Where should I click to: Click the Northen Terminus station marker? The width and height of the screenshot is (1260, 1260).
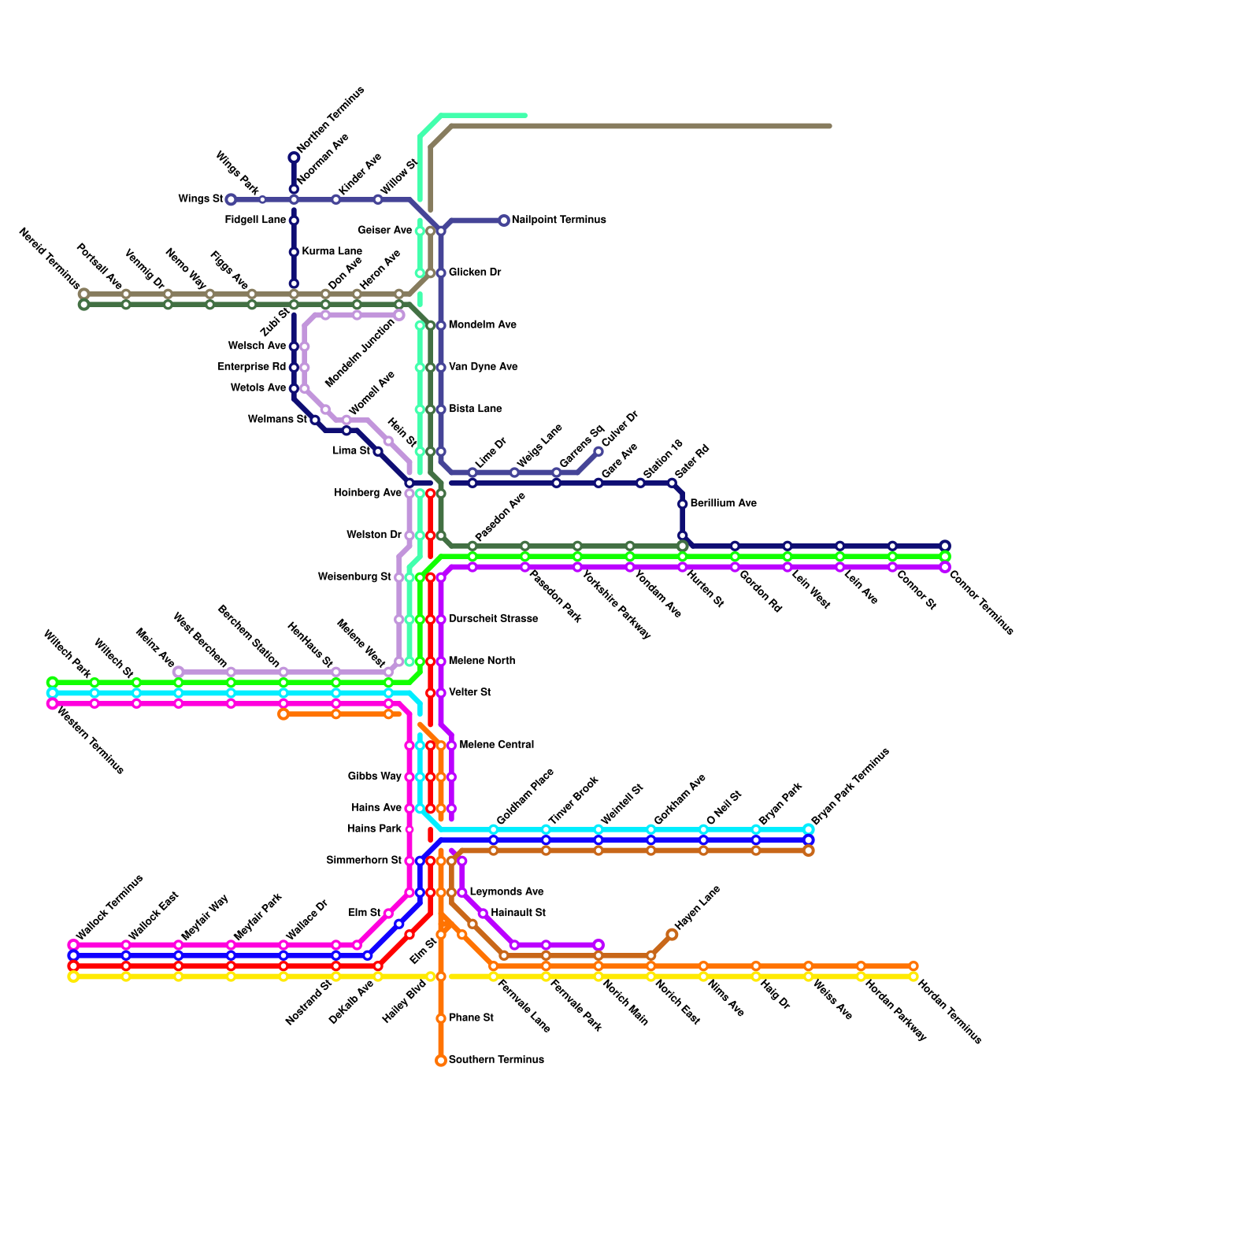[x=294, y=157]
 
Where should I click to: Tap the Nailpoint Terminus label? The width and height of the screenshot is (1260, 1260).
[x=558, y=220]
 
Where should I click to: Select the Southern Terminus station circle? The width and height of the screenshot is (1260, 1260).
[x=441, y=1061]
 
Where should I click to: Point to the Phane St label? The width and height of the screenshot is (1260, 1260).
[x=471, y=1018]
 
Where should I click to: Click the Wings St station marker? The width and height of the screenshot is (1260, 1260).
[x=231, y=199]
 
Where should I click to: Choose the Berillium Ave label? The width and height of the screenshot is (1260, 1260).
[x=723, y=503]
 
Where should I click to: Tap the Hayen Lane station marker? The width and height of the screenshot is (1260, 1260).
[x=672, y=935]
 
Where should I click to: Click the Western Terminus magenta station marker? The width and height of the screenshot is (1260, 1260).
[x=52, y=704]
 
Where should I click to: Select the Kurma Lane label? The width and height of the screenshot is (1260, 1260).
[x=332, y=251]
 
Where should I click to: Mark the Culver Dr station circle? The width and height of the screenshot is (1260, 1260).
[x=598, y=451]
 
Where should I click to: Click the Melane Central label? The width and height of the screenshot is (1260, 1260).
[x=496, y=744]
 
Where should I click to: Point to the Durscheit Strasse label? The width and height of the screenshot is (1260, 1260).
[x=493, y=619]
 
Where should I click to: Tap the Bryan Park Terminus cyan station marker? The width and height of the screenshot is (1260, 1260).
[x=809, y=829]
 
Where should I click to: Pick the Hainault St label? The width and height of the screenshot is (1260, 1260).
[x=517, y=913]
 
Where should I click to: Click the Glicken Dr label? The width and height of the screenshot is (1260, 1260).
[x=474, y=272]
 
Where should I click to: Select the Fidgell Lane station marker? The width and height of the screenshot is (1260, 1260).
[x=294, y=220]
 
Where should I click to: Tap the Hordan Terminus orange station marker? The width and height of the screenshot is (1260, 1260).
[x=913, y=966]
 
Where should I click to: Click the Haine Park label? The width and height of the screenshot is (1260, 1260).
[x=374, y=828]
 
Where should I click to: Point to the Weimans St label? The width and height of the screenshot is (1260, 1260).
[x=277, y=420]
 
